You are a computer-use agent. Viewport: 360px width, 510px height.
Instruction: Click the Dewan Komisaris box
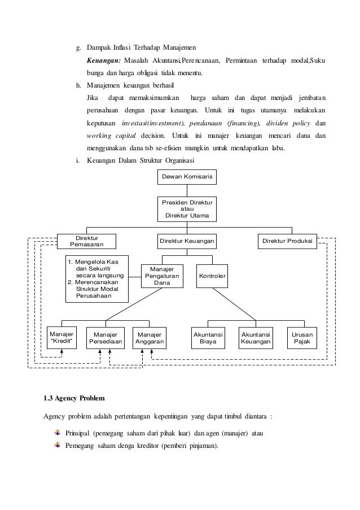(x=186, y=177)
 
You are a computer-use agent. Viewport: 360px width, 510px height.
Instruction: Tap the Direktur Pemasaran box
(x=86, y=241)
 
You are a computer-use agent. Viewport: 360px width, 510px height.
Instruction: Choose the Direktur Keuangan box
(x=186, y=241)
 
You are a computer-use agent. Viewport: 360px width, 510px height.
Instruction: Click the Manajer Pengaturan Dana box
(x=162, y=276)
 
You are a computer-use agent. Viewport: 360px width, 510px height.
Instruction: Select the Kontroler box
(x=212, y=276)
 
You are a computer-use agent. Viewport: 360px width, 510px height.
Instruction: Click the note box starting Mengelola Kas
(x=96, y=279)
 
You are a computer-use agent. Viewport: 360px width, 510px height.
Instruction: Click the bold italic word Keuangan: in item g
(x=104, y=60)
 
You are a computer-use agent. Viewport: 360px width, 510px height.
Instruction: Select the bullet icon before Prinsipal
(x=57, y=433)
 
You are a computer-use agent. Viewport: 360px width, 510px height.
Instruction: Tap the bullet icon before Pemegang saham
(x=57, y=445)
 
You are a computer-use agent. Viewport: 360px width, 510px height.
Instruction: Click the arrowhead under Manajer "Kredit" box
(x=62, y=352)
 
